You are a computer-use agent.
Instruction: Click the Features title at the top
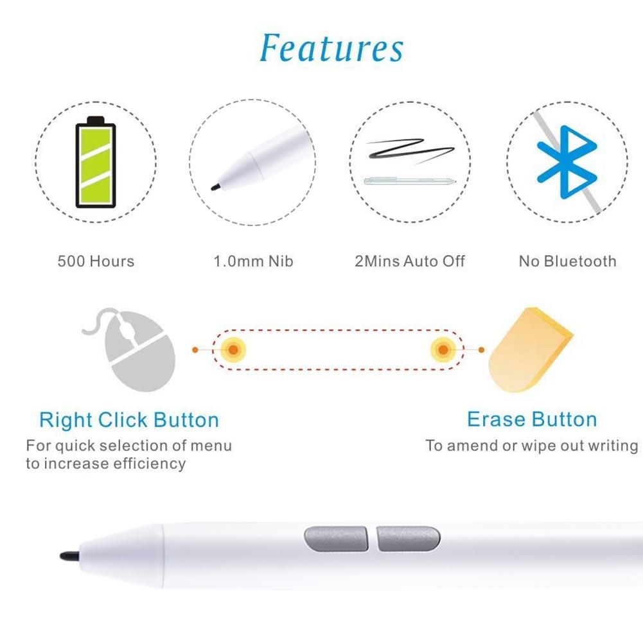point(331,48)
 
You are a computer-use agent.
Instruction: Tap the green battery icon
point(96,162)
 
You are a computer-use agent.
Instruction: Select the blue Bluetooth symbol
point(567,162)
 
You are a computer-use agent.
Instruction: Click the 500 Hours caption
point(96,261)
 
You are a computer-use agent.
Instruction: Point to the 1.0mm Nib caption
point(254,261)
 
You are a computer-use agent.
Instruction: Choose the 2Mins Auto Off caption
point(410,261)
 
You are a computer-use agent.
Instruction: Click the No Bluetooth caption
point(568,261)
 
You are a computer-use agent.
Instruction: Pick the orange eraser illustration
point(531,350)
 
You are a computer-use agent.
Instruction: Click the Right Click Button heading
point(129,420)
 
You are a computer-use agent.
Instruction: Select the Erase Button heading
point(532,419)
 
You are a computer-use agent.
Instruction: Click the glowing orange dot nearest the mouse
point(233,350)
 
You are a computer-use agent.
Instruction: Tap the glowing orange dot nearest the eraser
point(443,350)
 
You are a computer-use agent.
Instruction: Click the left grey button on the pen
point(336,538)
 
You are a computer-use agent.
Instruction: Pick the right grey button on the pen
point(409,538)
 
